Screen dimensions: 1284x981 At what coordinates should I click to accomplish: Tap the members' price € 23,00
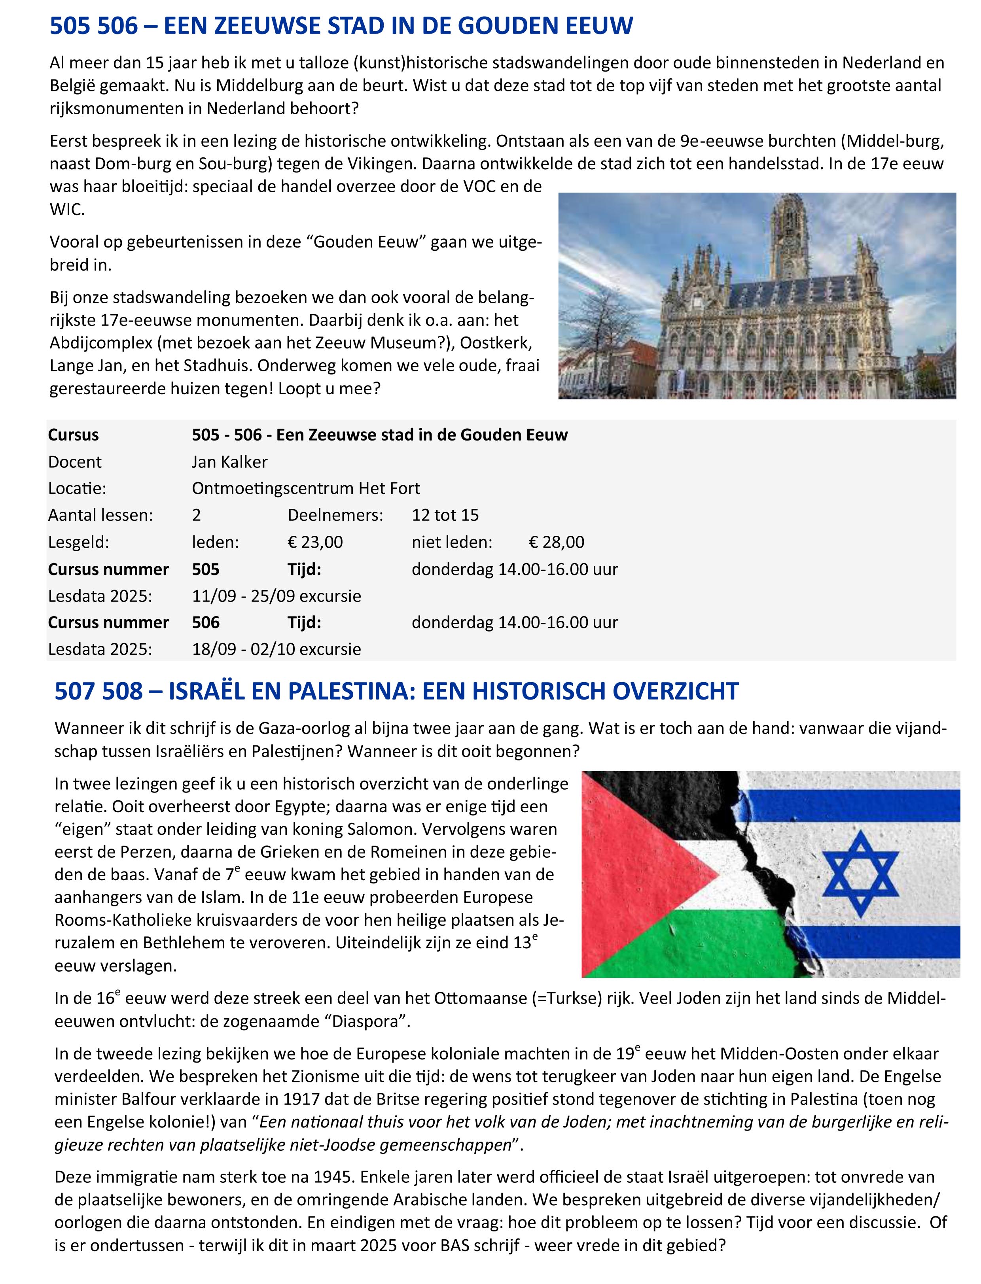315,542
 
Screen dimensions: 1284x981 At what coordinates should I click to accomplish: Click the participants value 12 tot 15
445,515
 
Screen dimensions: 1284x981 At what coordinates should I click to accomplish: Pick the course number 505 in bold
206,569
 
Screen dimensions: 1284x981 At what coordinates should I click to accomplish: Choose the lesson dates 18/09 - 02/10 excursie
276,649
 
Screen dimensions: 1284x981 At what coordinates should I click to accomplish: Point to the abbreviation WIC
66,210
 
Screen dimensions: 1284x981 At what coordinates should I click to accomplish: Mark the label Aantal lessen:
100,515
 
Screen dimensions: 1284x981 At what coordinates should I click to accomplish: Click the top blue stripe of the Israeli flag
876,806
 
